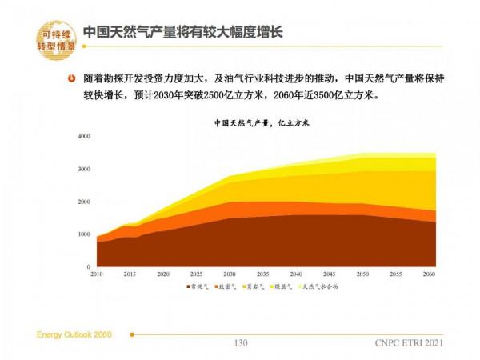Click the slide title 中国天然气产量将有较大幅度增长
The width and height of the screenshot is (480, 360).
point(183,32)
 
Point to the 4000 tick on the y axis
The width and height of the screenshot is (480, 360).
point(85,137)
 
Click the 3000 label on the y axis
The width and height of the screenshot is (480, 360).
point(85,170)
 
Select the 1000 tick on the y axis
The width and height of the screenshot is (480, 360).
point(85,234)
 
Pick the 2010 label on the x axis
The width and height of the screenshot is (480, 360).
point(97,274)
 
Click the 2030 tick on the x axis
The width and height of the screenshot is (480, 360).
point(230,274)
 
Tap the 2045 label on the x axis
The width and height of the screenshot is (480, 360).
point(330,274)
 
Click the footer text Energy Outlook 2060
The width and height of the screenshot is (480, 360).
point(77,333)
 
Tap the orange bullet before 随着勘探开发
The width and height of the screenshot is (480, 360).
point(73,79)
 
